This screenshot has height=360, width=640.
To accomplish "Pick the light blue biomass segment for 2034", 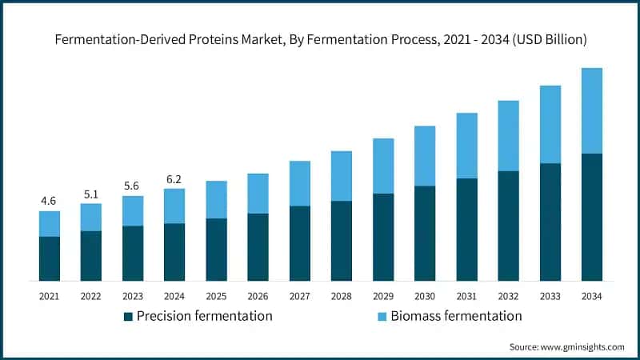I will pos(591,110).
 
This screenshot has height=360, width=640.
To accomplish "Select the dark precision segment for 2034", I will pos(591,216).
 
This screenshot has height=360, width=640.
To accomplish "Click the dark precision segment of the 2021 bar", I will pos(50,258).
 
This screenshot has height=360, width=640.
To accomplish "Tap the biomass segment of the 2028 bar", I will pos(342,175).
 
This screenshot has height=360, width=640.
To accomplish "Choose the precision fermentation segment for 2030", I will pos(425,233).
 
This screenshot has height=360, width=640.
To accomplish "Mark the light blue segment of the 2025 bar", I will pos(216,199).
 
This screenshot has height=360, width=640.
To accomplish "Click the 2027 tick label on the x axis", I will pos(300,296).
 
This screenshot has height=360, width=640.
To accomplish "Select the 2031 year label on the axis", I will pos(466,296).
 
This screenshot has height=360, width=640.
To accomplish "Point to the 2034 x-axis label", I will pos(591,296).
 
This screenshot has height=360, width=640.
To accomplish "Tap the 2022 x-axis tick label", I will pos(91,296).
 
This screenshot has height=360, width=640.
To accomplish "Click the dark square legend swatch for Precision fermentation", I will pos(128,317).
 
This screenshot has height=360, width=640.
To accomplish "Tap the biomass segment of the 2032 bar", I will pos(508,135).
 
